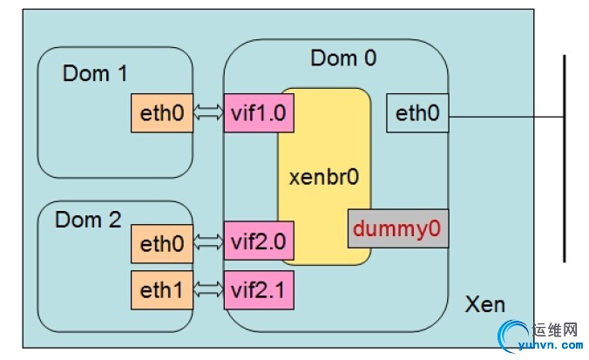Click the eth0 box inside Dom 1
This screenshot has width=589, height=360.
161,112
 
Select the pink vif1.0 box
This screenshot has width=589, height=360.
257,112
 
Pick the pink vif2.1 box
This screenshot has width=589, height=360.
257,289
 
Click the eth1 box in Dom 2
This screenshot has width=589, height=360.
161,289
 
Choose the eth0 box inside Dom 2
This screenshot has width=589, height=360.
161,244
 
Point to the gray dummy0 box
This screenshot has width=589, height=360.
398,230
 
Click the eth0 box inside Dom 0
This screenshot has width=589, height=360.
417,113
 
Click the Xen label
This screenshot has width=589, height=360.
485,305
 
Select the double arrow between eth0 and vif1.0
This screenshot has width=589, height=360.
208,112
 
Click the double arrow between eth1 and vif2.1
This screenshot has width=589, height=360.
208,289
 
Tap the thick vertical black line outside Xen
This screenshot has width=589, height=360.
565,157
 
